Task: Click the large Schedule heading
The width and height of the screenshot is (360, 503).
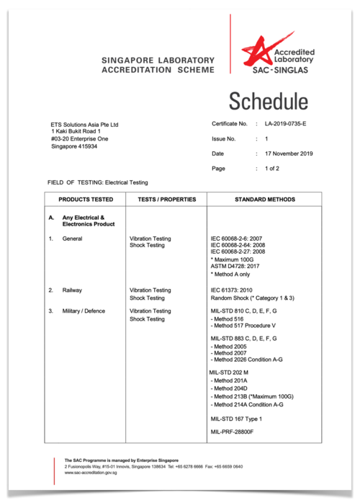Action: point(268,101)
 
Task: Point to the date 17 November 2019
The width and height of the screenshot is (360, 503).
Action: point(288,153)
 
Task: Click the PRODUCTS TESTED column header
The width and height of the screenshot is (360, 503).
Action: point(86,198)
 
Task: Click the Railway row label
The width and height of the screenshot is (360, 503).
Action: point(74,290)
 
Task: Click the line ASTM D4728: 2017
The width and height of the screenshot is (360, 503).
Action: point(238,265)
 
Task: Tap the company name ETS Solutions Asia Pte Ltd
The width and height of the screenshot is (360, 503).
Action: point(84,125)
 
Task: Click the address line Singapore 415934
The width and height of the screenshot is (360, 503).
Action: point(74,146)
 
